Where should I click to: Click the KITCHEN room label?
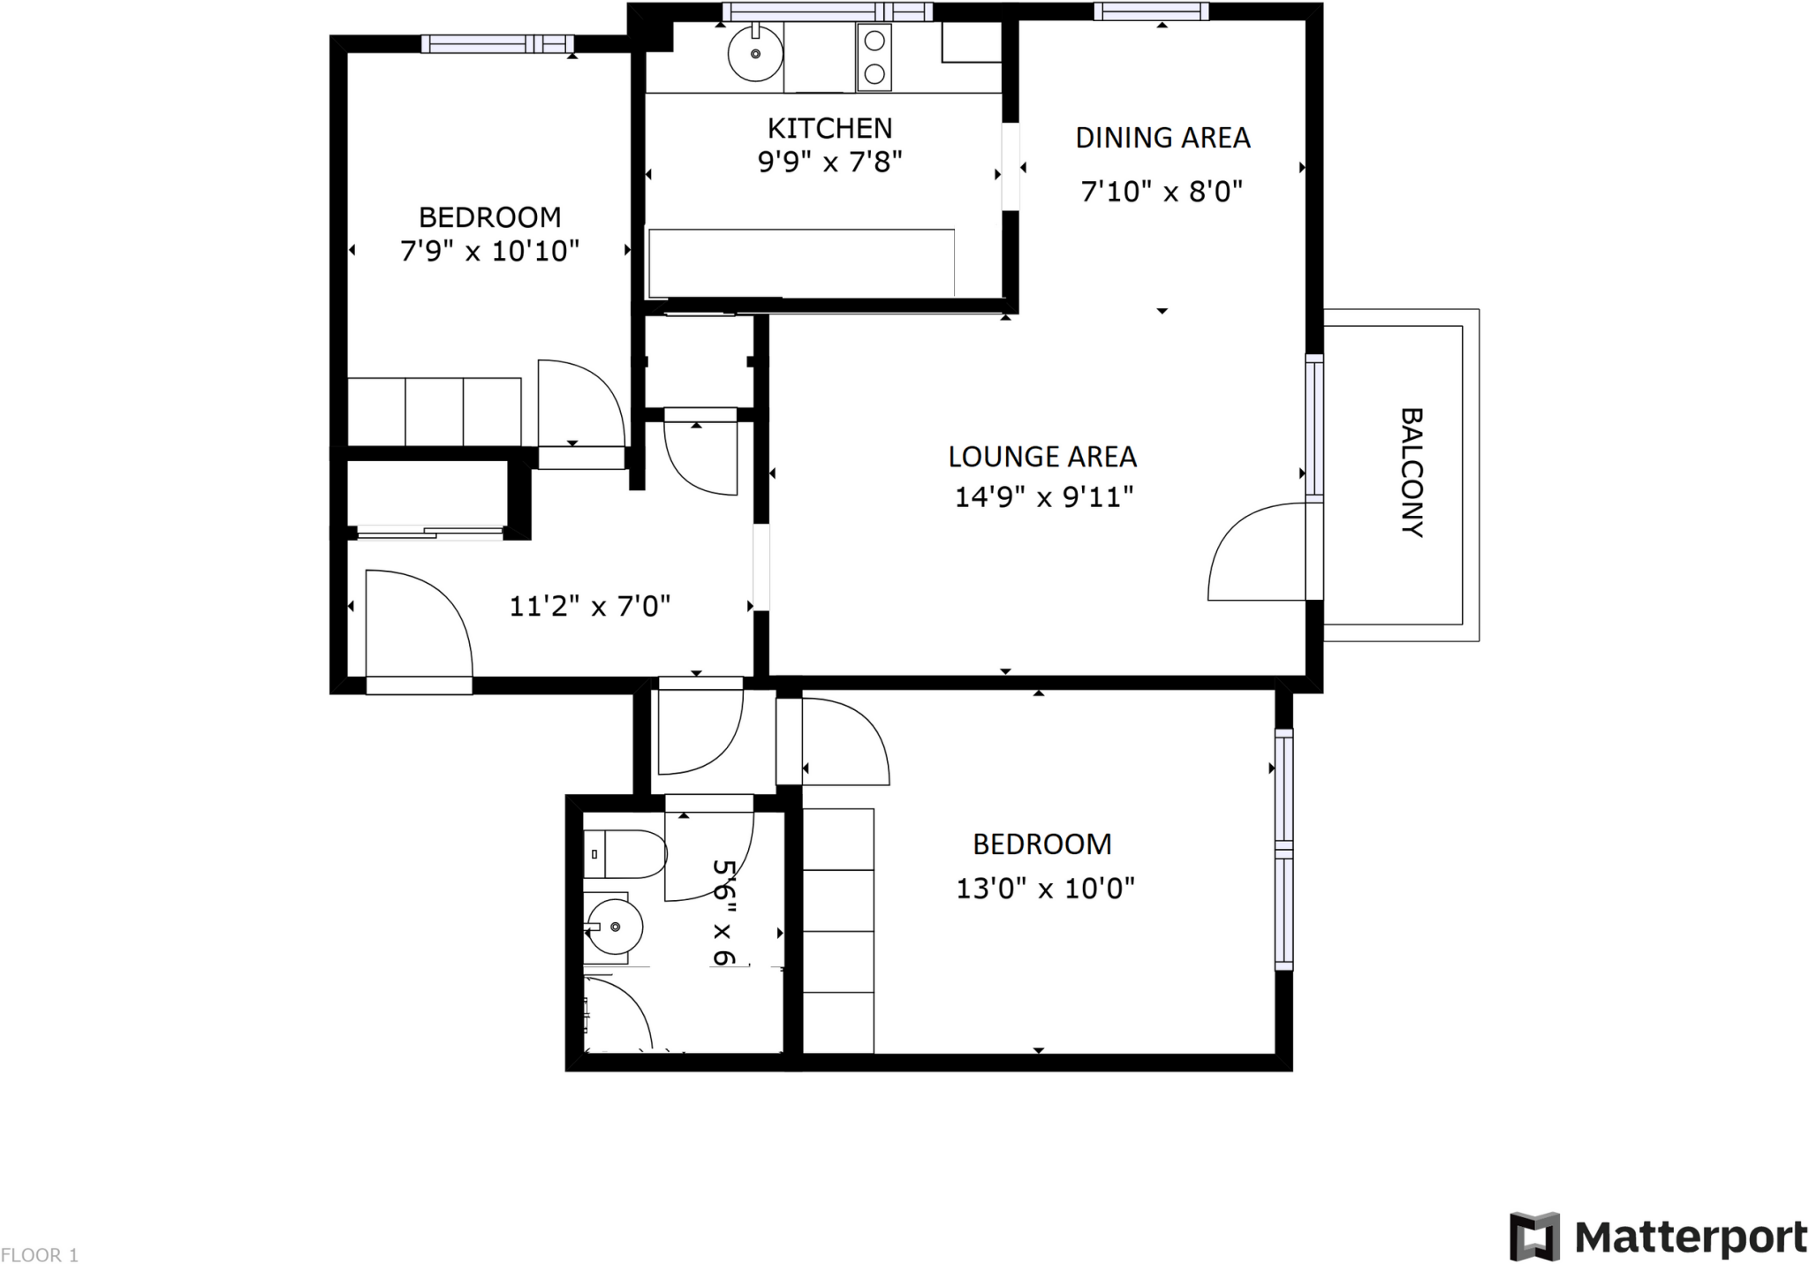point(829,129)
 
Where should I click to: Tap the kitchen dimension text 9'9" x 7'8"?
point(829,163)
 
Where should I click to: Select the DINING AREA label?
point(1162,138)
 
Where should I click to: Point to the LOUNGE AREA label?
point(1042,457)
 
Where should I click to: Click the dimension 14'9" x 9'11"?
point(1043,497)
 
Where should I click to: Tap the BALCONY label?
point(1412,473)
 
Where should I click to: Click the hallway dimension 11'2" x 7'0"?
point(589,607)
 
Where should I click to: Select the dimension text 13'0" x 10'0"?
point(1045,888)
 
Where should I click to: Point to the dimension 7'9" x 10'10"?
point(489,252)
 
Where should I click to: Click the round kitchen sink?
point(755,54)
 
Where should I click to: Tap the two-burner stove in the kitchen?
point(874,57)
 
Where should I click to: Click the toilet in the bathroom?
point(625,854)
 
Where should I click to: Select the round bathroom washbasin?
point(614,927)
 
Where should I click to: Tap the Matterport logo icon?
point(1534,1236)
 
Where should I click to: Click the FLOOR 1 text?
point(40,1254)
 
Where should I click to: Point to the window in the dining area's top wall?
point(1151,11)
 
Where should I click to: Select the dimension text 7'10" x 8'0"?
point(1162,192)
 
